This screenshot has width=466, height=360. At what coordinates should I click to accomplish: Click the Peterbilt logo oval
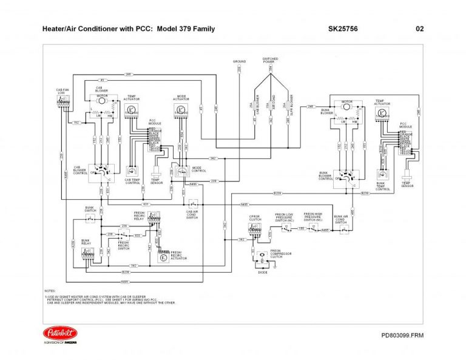pos(60,333)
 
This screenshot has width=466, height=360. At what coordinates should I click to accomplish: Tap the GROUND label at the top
pos(239,61)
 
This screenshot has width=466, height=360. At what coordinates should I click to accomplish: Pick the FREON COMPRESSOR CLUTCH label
pos(276,253)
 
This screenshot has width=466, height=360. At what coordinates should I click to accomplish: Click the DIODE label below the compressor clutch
pos(263,274)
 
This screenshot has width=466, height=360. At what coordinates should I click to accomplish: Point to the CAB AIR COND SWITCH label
pos(192,214)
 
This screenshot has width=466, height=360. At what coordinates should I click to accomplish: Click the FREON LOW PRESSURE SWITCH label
pos(284,217)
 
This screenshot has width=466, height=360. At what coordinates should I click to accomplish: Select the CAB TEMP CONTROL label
pos(133,180)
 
